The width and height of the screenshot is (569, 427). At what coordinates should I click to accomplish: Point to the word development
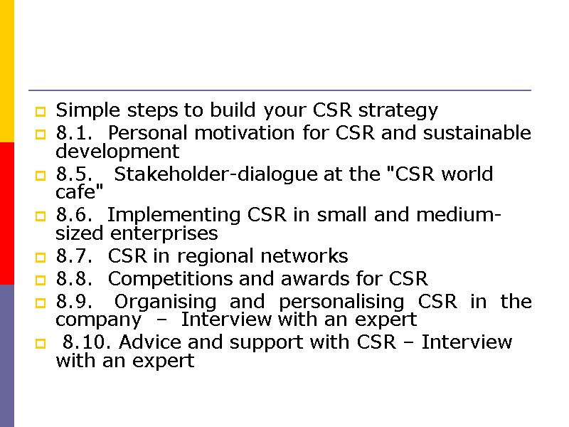point(117,152)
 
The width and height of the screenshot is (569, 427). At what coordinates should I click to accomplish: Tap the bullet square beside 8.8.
point(41,280)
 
